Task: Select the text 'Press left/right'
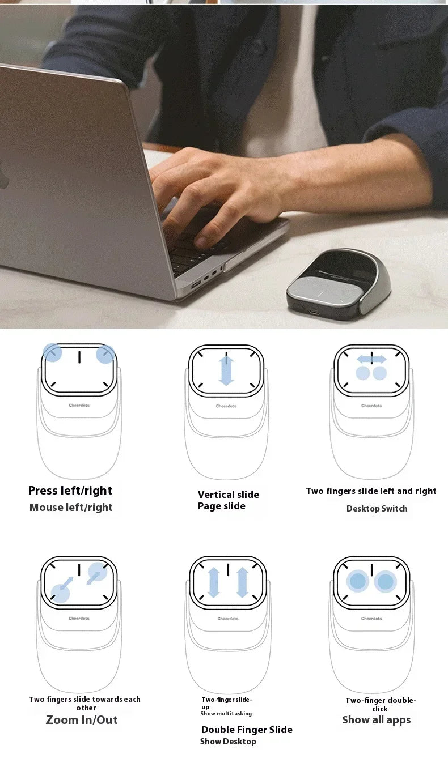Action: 70,491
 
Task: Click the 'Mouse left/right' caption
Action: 71,508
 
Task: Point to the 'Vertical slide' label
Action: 228,495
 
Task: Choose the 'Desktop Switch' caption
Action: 377,509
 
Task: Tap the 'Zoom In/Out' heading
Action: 82,720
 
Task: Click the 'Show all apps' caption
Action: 376,720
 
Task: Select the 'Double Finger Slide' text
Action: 247,730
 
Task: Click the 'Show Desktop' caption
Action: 228,742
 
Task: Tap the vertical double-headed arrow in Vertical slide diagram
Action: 226,370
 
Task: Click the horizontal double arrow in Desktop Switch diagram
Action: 371,359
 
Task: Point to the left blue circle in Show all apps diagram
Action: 358,581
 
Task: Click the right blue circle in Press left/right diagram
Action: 105,354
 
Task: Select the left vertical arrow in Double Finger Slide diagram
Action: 214,582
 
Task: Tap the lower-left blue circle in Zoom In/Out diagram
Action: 60,593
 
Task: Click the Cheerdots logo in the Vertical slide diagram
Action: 226,406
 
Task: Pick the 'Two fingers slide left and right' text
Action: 371,491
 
